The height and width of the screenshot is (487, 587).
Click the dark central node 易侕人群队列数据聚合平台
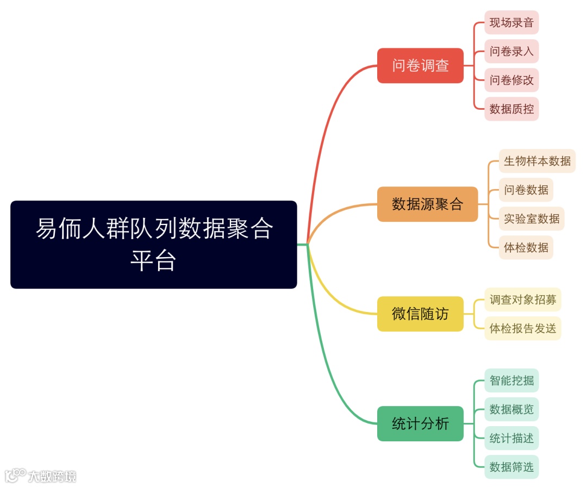pos(154,245)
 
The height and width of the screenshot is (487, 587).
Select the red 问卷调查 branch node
pos(420,66)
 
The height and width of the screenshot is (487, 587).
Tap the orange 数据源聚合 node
pos(427,204)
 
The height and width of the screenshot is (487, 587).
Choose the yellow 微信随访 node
pos(420,314)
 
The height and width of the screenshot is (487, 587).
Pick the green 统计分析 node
pos(420,423)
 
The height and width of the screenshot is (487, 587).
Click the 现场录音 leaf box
pos(511,23)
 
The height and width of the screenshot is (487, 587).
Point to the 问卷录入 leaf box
pos(511,52)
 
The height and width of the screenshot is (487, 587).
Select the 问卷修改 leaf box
pos(511,80)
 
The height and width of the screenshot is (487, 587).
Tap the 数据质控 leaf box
pos(511,109)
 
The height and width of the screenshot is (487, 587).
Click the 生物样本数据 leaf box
pos(537,161)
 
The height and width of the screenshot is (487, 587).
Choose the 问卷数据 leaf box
pos(526,190)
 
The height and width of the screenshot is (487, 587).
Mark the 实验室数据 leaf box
pos(532,218)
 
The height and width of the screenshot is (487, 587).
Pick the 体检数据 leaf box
pos(526,247)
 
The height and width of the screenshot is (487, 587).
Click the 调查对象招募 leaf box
pos(522,299)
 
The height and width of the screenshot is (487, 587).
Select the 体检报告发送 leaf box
pos(522,328)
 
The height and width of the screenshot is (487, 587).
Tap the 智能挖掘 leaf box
pos(511,380)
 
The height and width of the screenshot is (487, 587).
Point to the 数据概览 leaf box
pos(511,409)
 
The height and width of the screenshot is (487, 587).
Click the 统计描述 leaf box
pos(511,438)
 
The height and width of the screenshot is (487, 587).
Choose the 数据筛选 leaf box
pos(511,467)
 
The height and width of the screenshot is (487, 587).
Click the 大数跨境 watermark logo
pos(41,476)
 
